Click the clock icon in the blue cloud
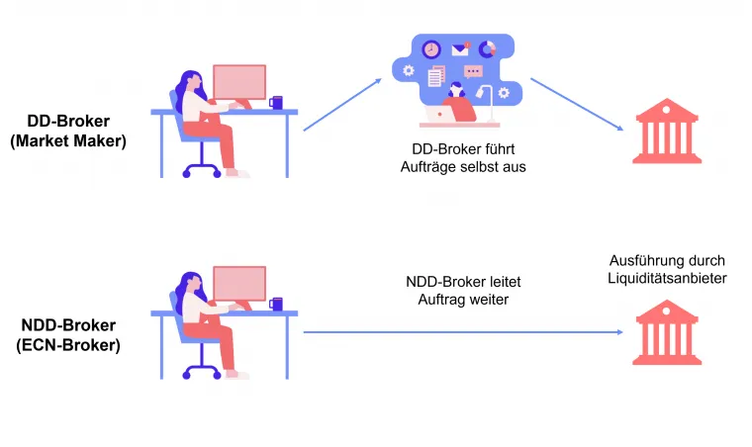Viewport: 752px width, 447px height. click(430, 49)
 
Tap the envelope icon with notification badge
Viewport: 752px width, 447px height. click(460, 48)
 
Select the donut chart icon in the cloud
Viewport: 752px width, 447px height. click(487, 48)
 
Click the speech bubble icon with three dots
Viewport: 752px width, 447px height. click(473, 71)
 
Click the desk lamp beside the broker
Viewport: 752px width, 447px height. click(485, 99)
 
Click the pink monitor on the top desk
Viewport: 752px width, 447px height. click(239, 81)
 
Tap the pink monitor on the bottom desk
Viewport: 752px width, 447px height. click(239, 283)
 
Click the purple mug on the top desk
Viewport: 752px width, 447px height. click(276, 102)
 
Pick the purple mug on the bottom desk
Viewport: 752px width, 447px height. click(276, 304)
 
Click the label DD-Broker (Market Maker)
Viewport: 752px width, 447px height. click(68, 131)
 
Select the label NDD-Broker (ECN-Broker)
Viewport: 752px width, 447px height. click(70, 334)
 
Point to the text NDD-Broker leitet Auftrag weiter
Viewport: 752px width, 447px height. click(457, 289)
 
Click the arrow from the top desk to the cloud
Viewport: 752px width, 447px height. click(342, 105)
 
